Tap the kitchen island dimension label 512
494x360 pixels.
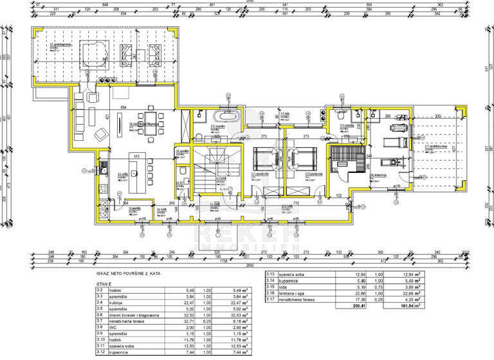(x=136, y=156)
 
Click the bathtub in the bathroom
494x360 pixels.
(x=228, y=117)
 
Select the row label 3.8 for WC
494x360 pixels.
(x=100, y=327)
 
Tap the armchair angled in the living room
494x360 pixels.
(x=101, y=134)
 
